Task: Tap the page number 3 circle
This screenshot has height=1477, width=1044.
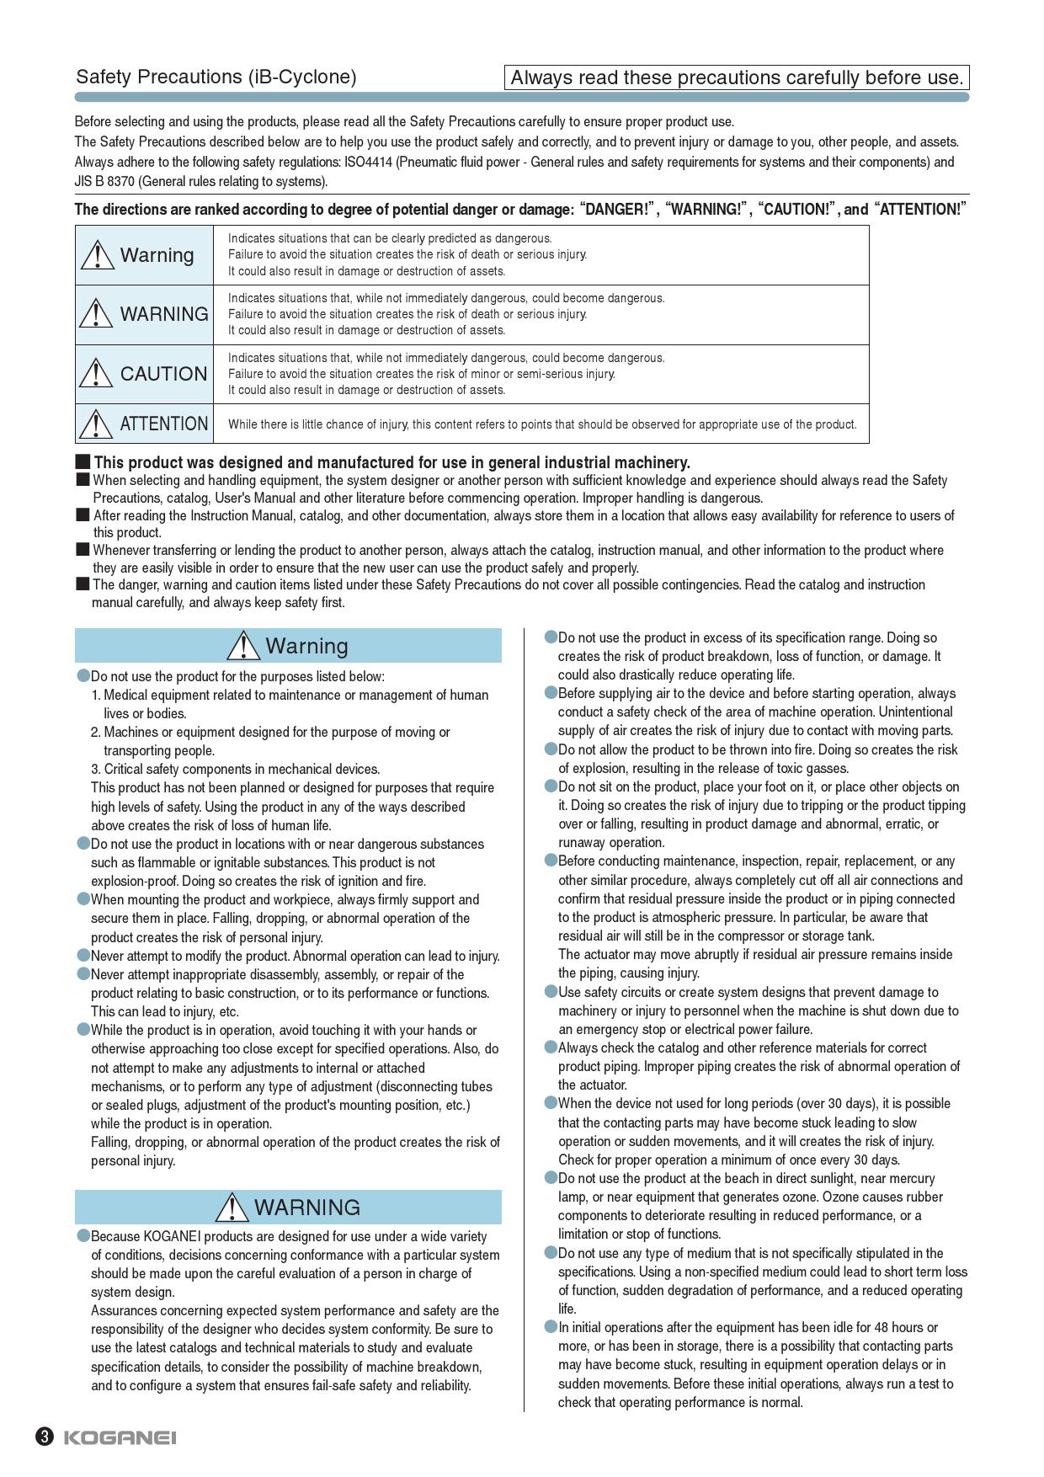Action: pyautogui.click(x=45, y=1437)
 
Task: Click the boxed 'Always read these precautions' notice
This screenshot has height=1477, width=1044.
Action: pyautogui.click(x=737, y=77)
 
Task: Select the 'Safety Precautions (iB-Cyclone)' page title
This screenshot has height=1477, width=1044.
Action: pyautogui.click(x=216, y=77)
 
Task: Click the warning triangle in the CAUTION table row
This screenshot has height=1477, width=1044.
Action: pyautogui.click(x=98, y=373)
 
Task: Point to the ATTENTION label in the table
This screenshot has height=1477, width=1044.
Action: pyautogui.click(x=164, y=424)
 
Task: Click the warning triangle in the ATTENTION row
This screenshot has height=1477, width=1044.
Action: pyautogui.click(x=98, y=424)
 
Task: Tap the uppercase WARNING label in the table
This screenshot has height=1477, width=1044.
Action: pyautogui.click(x=164, y=314)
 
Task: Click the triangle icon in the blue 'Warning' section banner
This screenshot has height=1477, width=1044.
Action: pyautogui.click(x=243, y=645)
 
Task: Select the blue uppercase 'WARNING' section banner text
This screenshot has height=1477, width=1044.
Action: pyautogui.click(x=306, y=1208)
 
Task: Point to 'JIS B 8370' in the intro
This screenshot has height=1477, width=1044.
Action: pyautogui.click(x=104, y=182)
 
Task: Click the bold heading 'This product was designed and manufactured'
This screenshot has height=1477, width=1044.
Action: pyautogui.click(x=391, y=462)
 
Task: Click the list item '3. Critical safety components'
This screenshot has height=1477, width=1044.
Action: pyautogui.click(x=236, y=769)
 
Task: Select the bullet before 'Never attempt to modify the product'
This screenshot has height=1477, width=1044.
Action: pyautogui.click(x=83, y=955)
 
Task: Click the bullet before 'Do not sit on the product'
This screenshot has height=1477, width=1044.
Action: pyautogui.click(x=551, y=786)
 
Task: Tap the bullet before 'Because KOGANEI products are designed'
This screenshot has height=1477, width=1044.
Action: pyautogui.click(x=83, y=1235)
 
